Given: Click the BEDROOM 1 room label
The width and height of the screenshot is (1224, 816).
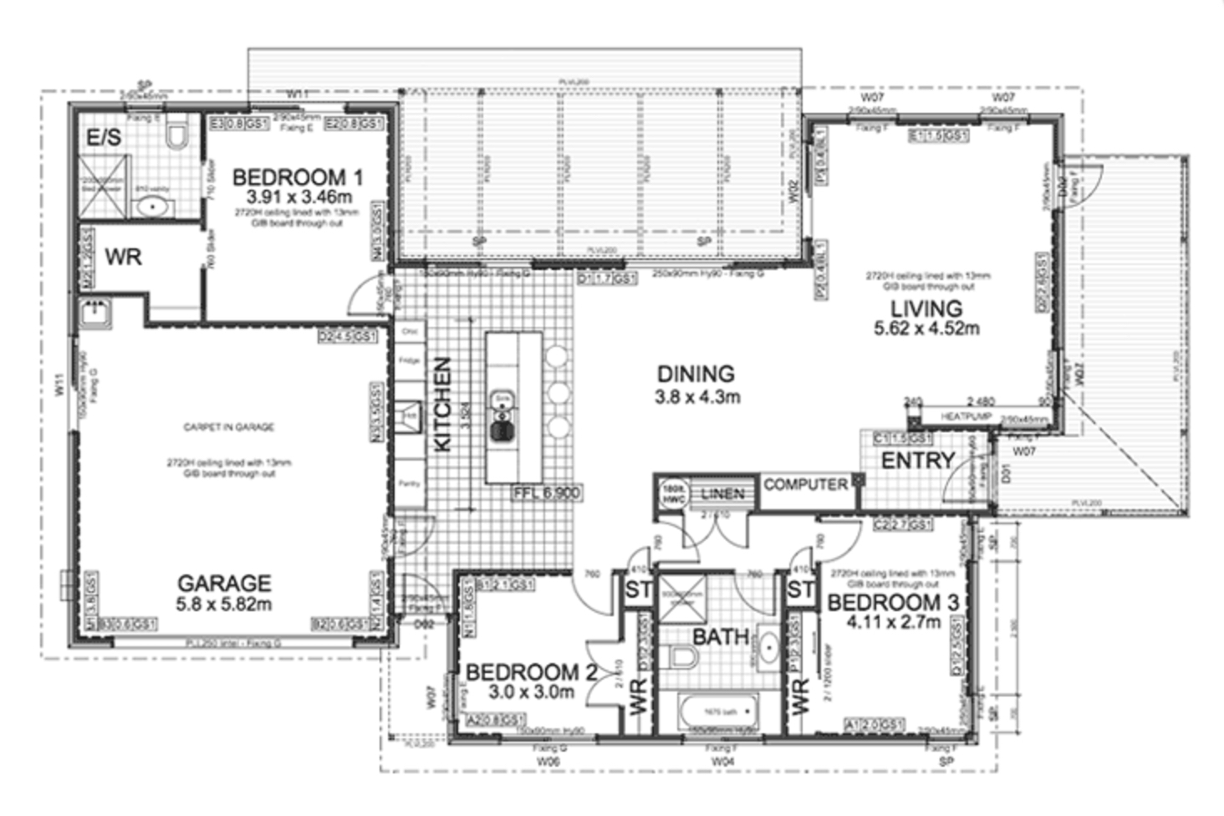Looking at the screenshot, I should [x=298, y=177].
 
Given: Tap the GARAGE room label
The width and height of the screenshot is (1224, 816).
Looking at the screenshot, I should [x=224, y=583].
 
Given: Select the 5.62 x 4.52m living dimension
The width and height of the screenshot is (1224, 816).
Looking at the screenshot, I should [x=926, y=329].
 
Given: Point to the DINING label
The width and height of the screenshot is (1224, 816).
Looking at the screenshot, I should [x=696, y=375].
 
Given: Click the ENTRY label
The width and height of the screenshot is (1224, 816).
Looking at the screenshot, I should [x=918, y=460].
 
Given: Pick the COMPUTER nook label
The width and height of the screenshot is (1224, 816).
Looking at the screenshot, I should [x=805, y=484].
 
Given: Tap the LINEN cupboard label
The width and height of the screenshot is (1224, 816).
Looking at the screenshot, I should [x=722, y=493].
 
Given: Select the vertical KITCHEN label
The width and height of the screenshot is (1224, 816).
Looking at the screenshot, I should [x=444, y=405].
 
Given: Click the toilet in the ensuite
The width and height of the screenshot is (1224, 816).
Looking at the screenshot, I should [x=176, y=135].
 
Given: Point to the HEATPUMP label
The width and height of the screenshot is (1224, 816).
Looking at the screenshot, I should [x=966, y=416].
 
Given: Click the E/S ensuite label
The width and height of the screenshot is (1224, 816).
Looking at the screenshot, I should [x=105, y=137].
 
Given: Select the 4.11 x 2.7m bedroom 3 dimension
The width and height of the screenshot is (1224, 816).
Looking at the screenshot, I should [x=893, y=622].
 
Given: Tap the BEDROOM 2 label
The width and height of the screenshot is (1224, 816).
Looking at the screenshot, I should [x=522, y=671].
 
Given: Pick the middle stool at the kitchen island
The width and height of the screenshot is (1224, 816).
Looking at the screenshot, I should [x=558, y=393].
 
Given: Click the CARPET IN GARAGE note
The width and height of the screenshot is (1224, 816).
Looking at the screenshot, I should [x=228, y=427].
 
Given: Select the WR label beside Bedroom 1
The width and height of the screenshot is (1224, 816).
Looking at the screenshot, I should [x=123, y=257].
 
